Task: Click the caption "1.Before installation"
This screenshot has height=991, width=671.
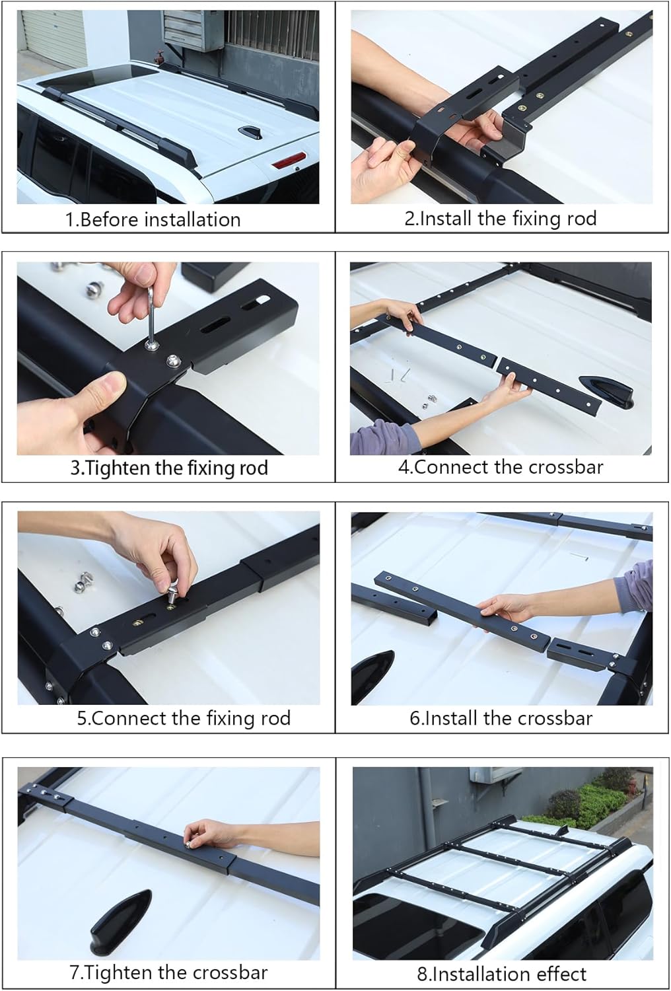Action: point(153,219)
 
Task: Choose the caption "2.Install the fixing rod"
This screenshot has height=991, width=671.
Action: point(500,219)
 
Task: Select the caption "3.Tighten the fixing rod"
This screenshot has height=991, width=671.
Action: point(169,468)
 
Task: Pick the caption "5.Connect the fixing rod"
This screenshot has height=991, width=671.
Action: point(183,718)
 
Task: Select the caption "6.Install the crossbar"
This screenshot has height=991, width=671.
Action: point(501,718)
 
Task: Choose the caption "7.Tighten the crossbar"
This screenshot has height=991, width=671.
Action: point(168,973)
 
